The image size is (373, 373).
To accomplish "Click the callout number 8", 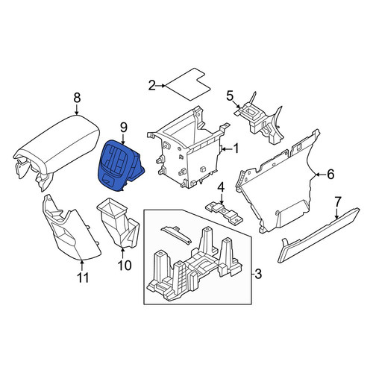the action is point(77,98).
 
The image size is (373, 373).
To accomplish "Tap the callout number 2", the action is point(151,86).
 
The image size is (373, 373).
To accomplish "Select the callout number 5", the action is point(230,96).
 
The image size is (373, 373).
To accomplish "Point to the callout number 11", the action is point(83,278).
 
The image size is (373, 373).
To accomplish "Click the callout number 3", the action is point(258,274).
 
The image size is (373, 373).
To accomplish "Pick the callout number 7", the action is point(338,202).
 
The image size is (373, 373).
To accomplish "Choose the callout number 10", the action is point(125,266).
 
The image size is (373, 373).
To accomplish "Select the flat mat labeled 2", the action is point(188,84).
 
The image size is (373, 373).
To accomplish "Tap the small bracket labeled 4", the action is point(225,211).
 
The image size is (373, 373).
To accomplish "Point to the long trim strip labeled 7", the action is point(319,235).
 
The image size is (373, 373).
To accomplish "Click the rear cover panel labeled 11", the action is point(71,229).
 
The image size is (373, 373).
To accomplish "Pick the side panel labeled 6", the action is point(276,181).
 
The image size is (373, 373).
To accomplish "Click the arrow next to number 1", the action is point(226,149).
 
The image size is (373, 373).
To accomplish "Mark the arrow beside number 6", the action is point(321,175).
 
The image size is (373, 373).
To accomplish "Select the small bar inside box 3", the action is point(177,234).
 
